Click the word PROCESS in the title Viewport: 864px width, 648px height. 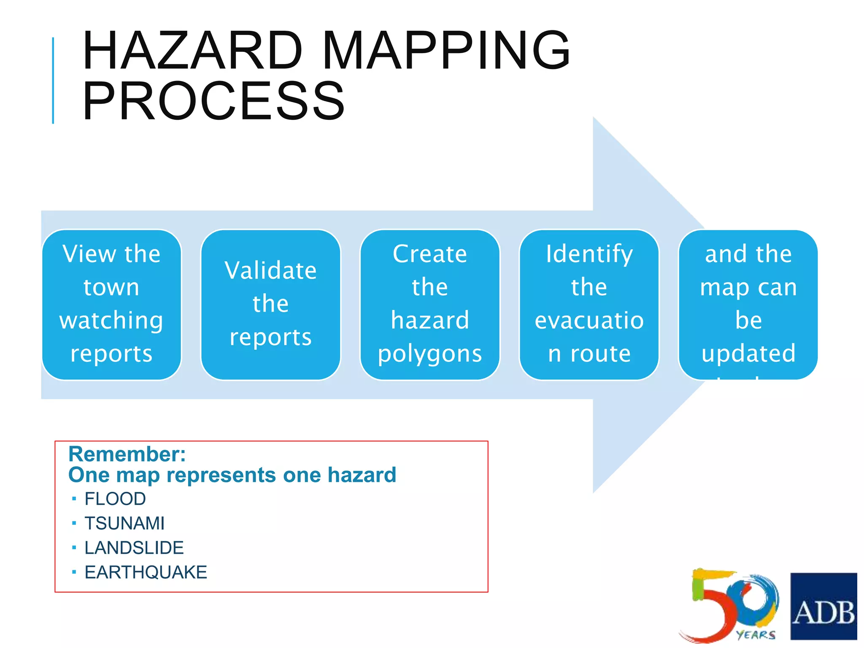click(213, 101)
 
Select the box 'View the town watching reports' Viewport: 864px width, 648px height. click(111, 304)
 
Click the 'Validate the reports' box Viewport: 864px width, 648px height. click(270, 304)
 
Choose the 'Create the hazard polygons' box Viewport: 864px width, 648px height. click(429, 304)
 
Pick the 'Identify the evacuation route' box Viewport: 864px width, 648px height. click(589, 304)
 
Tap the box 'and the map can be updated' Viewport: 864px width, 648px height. click(748, 304)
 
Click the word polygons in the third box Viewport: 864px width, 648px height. click(429, 354)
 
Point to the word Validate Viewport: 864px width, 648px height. click(270, 270)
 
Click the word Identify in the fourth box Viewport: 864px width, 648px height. click(589, 254)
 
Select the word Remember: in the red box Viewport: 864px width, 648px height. click(127, 454)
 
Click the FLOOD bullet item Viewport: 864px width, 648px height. click(115, 499)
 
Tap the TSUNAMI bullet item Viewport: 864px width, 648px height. click(124, 524)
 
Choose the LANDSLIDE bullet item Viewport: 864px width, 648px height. click(134, 548)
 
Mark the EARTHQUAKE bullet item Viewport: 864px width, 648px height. click(146, 572)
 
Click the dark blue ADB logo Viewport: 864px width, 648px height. click(823, 606)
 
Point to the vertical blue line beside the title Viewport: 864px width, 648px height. click(53, 80)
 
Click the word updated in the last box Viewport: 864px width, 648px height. click(748, 354)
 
